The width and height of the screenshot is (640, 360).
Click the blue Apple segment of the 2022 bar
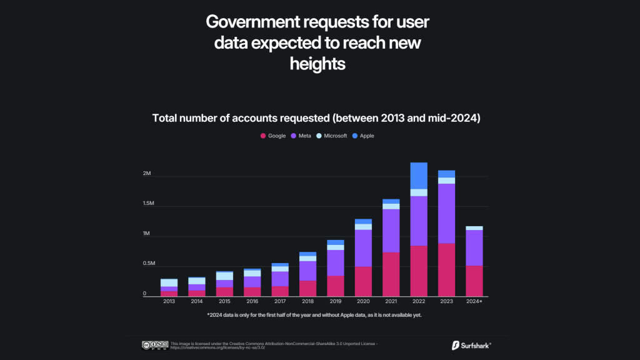click(419, 176)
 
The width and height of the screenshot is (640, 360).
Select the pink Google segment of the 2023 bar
click(446, 269)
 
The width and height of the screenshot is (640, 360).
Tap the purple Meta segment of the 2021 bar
click(391, 231)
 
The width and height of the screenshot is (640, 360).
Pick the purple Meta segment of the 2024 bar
click(474, 248)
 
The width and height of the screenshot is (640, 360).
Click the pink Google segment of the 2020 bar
click(363, 281)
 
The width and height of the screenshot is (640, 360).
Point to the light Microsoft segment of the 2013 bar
click(169, 282)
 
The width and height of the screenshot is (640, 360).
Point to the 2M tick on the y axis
click(147, 174)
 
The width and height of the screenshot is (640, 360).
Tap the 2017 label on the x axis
click(279, 301)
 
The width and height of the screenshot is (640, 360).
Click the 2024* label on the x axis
click(474, 301)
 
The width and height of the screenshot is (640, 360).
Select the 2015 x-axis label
click(224, 301)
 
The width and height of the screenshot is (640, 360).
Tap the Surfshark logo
click(471, 344)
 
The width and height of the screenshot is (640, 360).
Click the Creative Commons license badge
click(155, 344)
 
